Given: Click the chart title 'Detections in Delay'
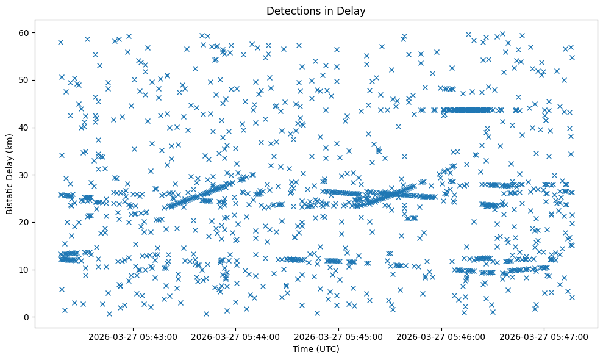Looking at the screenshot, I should (x=316, y=10).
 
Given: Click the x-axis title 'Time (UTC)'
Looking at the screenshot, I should (x=316, y=349).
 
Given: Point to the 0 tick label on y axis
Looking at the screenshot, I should (x=27, y=317).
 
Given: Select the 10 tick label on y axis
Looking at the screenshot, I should (x=24, y=270).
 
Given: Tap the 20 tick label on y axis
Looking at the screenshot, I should (x=24, y=222).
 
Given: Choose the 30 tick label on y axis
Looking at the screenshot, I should (x=24, y=175).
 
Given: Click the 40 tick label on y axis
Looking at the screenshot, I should (x=24, y=127).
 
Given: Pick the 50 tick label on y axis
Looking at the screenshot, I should (x=24, y=80).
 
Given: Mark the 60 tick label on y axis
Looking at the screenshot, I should (x=24, y=32).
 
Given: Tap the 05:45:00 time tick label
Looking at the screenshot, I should (x=339, y=336).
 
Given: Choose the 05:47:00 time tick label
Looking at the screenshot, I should (x=544, y=336).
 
